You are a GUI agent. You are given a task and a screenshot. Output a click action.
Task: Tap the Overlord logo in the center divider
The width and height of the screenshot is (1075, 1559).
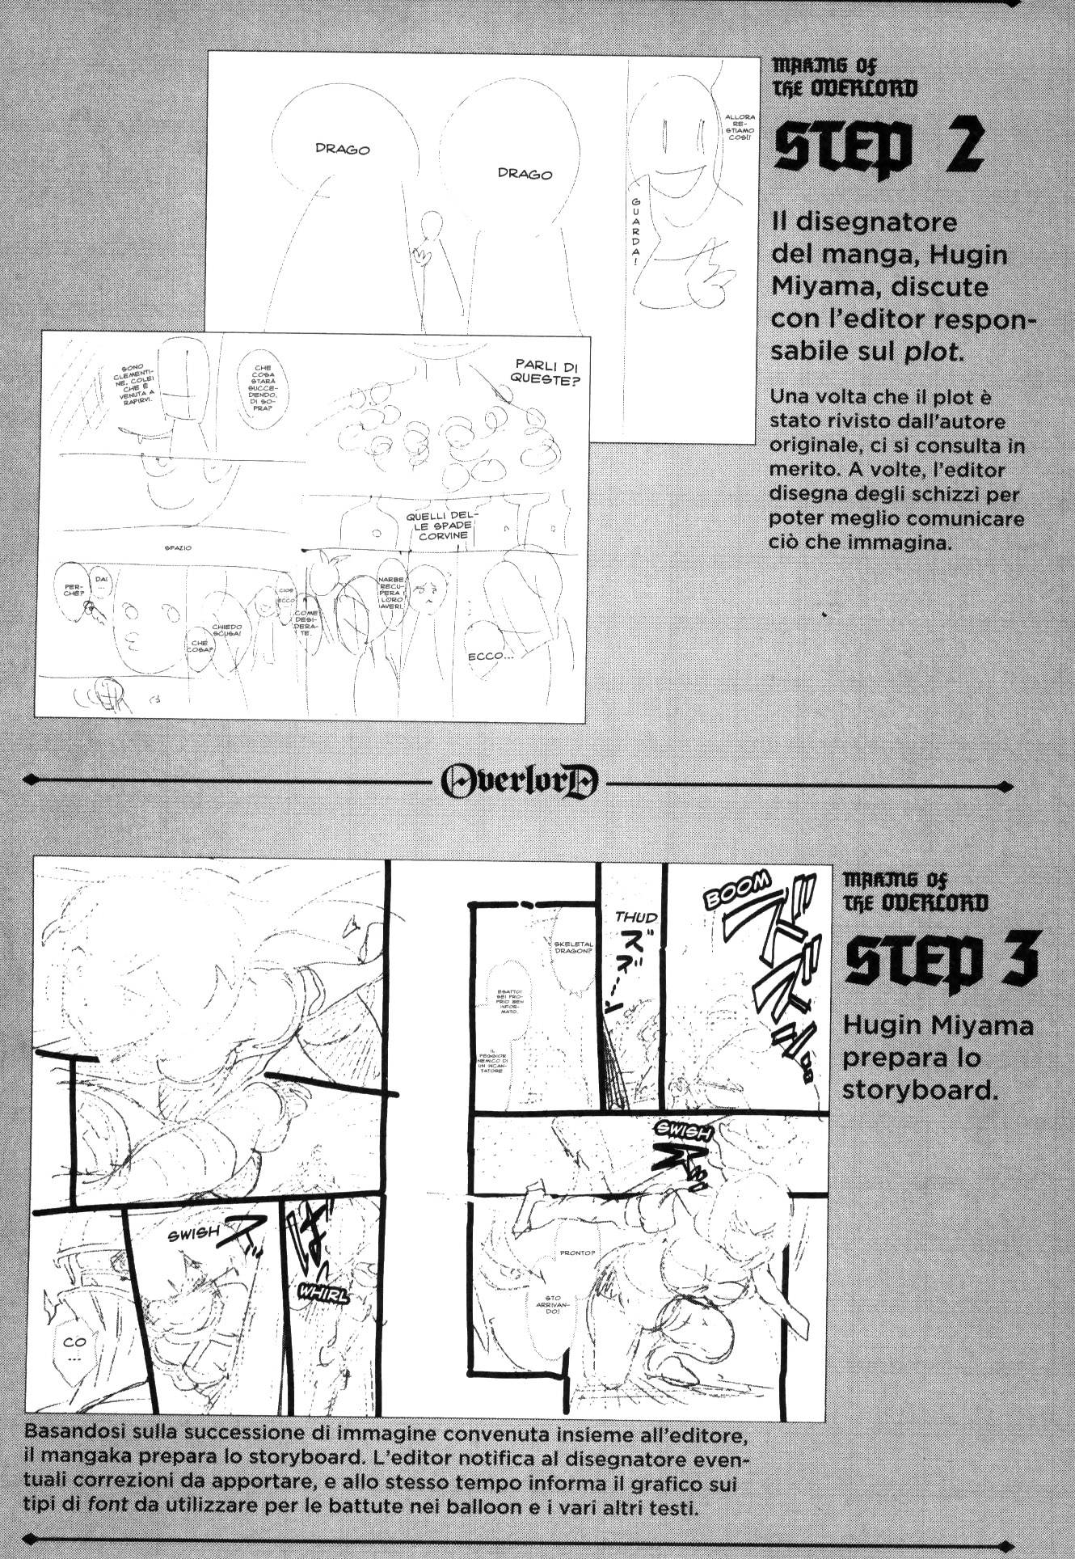[x=521, y=780]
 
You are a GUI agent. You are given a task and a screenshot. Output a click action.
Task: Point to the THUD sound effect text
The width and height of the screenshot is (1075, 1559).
[x=636, y=917]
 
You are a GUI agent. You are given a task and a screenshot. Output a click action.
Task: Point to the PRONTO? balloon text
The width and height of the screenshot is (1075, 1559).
[x=578, y=1253]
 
